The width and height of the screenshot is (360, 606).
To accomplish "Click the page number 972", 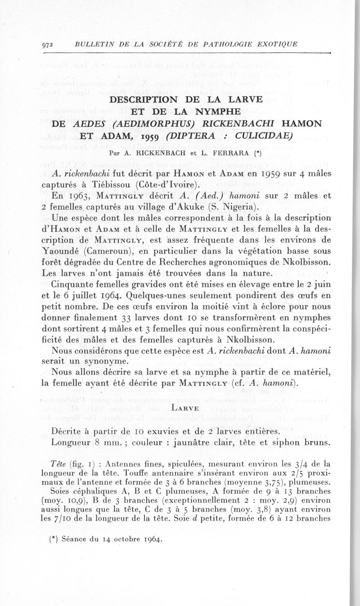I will click(x=48, y=44).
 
